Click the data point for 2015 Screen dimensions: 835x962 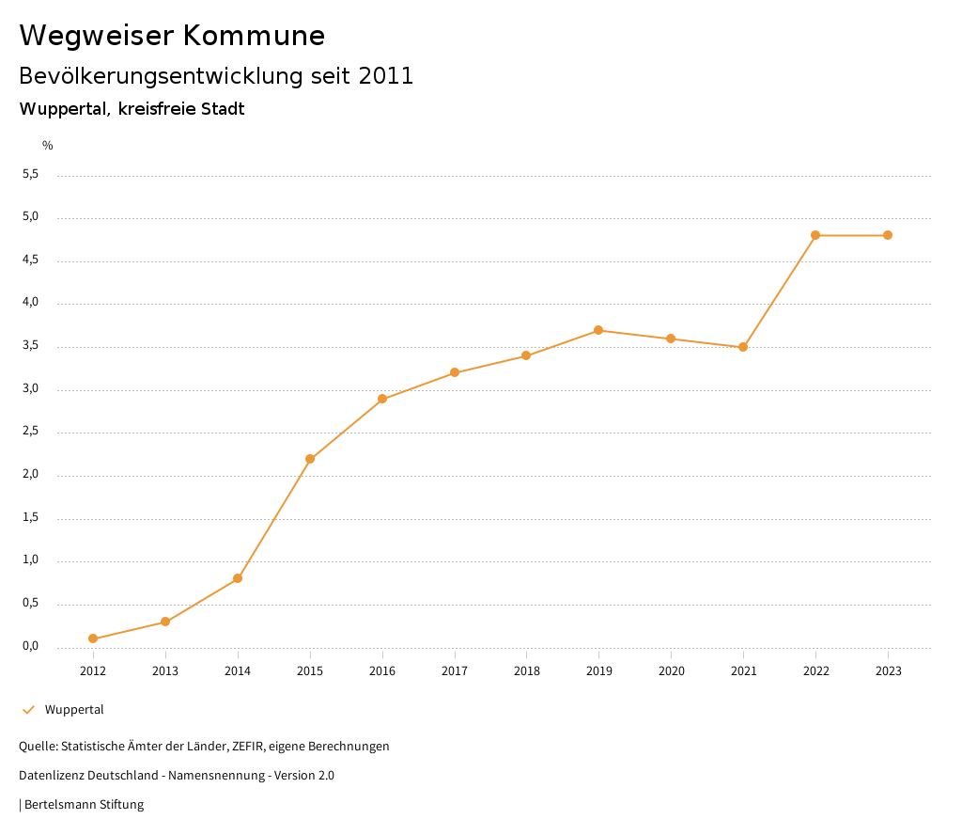click(310, 459)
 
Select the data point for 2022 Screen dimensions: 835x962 click(815, 235)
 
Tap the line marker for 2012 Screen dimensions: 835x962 click(93, 638)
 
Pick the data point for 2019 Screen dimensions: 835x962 click(598, 330)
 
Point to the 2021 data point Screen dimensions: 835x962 click(743, 347)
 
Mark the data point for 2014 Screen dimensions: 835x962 click(238, 578)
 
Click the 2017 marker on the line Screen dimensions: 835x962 click(455, 372)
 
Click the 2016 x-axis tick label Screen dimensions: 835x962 click(382, 671)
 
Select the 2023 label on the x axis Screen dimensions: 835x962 click(888, 671)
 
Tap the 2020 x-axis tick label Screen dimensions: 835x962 click(671, 671)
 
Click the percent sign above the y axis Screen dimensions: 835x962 click(48, 146)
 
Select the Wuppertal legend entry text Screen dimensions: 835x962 click(74, 710)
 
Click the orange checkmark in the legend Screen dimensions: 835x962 click(28, 710)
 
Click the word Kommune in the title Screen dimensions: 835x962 click(254, 36)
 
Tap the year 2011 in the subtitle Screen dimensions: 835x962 click(386, 76)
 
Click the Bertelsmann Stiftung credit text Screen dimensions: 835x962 click(84, 805)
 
